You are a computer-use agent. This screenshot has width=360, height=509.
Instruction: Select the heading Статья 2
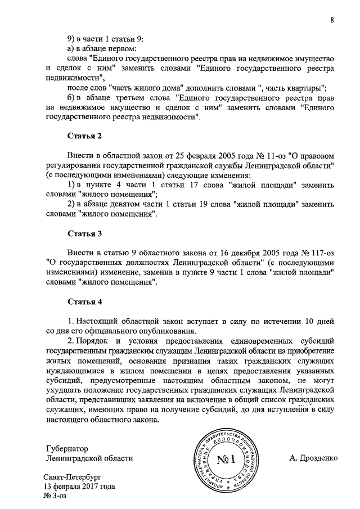coord(84,136)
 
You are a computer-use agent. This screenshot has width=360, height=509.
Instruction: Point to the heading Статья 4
coord(84,301)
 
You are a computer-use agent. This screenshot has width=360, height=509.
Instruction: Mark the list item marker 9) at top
coord(71,39)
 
